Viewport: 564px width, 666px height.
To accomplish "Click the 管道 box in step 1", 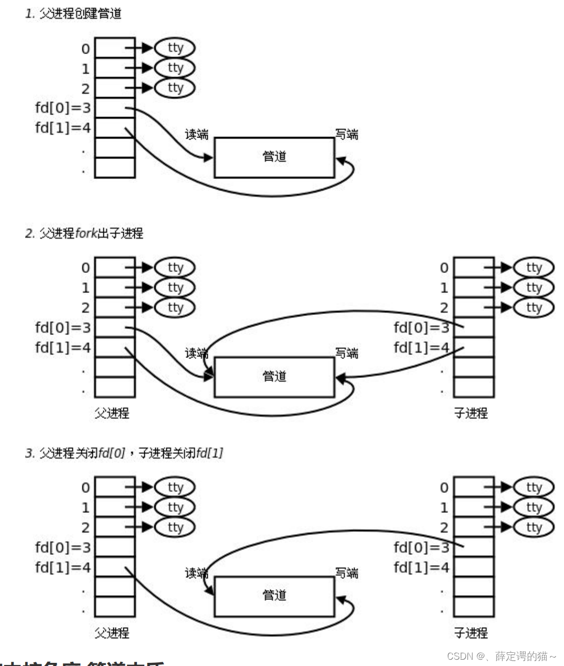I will coord(274,157).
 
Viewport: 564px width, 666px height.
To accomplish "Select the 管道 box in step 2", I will coord(274,376).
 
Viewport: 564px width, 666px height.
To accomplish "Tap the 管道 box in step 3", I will coord(274,596).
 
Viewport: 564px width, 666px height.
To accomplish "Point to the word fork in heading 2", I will coord(86,233).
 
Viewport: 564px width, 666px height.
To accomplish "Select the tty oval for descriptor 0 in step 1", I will coord(175,48).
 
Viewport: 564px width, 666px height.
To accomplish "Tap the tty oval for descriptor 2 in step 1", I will coord(175,88).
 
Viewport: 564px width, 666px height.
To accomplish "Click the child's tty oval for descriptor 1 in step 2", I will coord(534,288).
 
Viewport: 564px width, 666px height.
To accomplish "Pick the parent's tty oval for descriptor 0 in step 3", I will coord(175,488).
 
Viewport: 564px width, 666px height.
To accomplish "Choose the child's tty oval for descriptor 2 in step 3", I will coord(534,527).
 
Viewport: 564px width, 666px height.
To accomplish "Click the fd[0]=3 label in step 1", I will coord(63,108).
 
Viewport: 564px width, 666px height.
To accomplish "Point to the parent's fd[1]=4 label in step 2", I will coord(63,347).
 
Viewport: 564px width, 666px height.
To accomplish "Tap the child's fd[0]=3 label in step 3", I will coord(422,547).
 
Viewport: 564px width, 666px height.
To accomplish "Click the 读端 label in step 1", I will coord(197,135).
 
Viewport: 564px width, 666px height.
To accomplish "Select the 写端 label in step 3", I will coord(347,573).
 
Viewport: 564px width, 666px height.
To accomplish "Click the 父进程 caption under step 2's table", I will coord(112,413).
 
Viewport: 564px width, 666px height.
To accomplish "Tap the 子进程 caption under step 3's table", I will coord(471,633).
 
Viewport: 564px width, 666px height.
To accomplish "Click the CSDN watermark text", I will coord(501,656).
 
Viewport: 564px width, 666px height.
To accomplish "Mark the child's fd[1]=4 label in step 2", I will coord(422,347).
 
